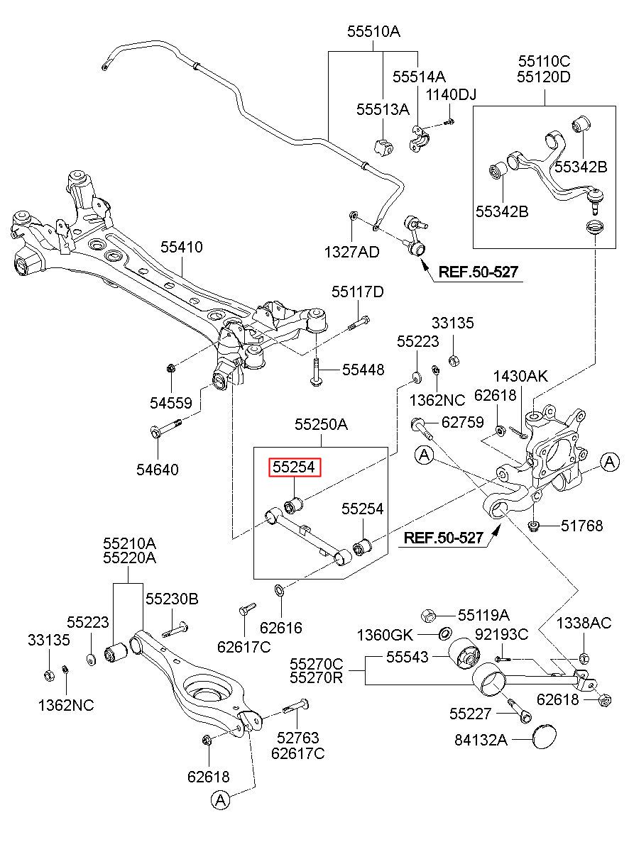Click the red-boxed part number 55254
coord(294,467)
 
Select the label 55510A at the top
coord(373,31)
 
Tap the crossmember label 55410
coord(182,247)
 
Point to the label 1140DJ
coord(451,94)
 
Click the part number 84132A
coord(481,740)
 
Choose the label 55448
coord(363,370)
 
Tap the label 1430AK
coord(520,376)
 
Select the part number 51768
coord(582,526)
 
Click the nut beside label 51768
coord(533,526)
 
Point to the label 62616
coord(281,628)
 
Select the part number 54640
coord(158,470)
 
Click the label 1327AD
coord(352,253)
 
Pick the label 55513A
coord(383,110)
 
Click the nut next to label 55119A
coord(428,616)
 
